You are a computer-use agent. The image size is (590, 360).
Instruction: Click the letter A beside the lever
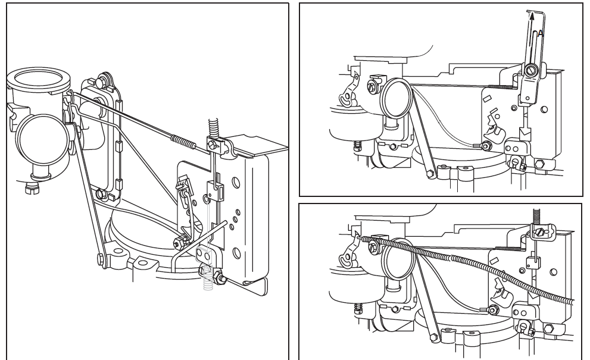coord(541,33)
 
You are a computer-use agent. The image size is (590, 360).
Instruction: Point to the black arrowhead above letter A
coord(532,16)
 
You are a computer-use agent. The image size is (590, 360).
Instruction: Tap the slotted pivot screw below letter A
coord(531,69)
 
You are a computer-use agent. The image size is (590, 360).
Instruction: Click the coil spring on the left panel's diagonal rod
coord(183,142)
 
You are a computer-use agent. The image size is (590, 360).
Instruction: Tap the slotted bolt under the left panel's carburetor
coord(32,188)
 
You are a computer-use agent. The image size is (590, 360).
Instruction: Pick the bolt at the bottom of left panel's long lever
coord(101,259)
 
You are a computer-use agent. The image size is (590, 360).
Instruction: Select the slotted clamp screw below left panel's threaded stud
coord(213,144)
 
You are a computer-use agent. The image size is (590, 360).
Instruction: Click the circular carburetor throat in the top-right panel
coord(397,98)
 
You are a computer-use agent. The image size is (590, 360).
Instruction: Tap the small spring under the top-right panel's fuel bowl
coord(357,146)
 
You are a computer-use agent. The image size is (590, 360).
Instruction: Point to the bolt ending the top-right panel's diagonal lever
coord(430,174)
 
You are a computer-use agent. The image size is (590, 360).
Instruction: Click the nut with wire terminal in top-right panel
coord(486,145)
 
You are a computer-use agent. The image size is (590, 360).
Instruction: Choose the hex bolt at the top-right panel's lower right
coord(539,164)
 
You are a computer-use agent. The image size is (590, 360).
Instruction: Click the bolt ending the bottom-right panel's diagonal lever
coord(434,338)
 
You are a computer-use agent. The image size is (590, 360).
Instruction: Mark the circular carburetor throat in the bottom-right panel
coord(398,259)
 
